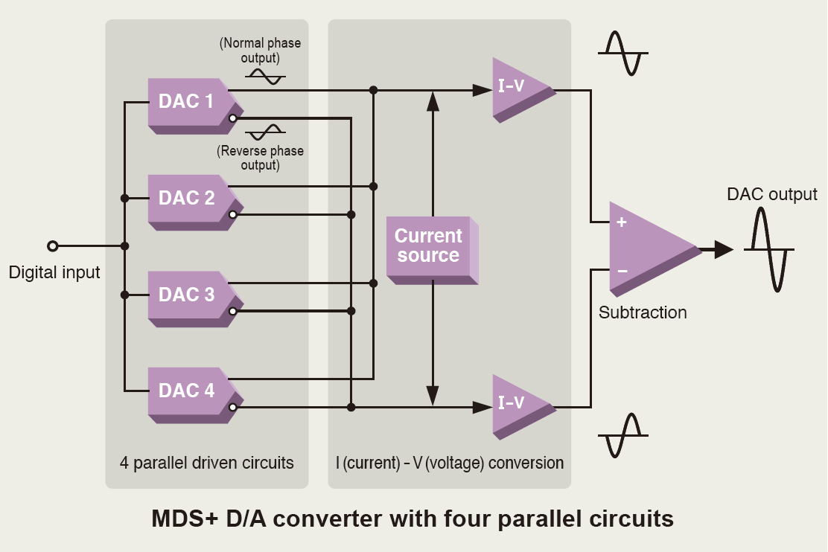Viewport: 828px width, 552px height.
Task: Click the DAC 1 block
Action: pos(186,102)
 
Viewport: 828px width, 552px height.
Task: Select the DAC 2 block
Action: pos(186,199)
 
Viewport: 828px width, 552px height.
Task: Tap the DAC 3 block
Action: pos(186,295)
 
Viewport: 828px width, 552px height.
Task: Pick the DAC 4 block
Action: pos(186,391)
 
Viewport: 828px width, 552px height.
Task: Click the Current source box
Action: pos(429,246)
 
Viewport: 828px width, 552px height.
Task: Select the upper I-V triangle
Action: pos(517,87)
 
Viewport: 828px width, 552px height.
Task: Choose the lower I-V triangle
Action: pos(517,403)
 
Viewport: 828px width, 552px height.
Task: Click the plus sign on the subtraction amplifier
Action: pos(622,222)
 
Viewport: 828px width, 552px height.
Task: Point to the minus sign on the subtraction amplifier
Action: pos(622,271)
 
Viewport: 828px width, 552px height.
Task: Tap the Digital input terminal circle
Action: pos(52,245)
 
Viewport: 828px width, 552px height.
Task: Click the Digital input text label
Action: pos(54,273)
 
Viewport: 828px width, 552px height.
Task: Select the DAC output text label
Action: pos(772,195)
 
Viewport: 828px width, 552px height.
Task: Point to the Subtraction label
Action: pos(643,312)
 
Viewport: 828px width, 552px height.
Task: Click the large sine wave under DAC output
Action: pos(769,249)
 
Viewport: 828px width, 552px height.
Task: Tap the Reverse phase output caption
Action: pos(261,158)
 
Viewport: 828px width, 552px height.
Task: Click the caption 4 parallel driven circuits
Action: pos(207,463)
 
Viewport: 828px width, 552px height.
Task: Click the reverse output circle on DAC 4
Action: pos(233,407)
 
